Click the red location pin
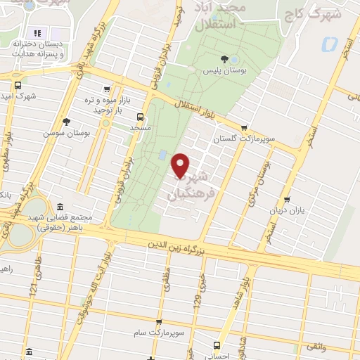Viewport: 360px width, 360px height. click(x=181, y=166)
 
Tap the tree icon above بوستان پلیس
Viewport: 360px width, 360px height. click(x=224, y=59)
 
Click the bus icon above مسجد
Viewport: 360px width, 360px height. click(x=140, y=117)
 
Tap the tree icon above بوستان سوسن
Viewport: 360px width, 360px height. click(x=66, y=121)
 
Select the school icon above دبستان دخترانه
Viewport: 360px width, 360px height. click(x=38, y=33)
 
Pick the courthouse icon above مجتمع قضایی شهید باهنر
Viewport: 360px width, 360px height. click(x=59, y=207)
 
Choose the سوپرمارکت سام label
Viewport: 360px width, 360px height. click(x=158, y=330)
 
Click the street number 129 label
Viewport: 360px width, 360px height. click(x=202, y=285)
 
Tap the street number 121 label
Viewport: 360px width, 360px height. click(x=33, y=286)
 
